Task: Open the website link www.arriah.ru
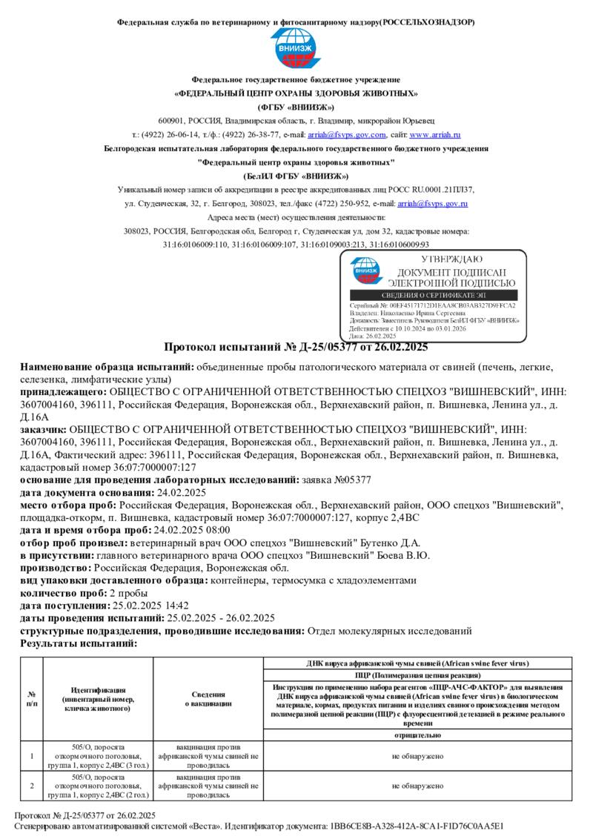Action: pyautogui.click(x=435, y=135)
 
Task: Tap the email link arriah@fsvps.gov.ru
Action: pyautogui.click(x=433, y=202)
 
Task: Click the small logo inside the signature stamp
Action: pyautogui.click(x=366, y=271)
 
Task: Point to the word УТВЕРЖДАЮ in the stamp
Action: pyautogui.click(x=451, y=259)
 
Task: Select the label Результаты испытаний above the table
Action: pyautogui.click(x=79, y=643)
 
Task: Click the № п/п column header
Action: pyautogui.click(x=32, y=698)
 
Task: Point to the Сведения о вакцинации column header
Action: pyautogui.click(x=208, y=698)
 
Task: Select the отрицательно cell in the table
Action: pyautogui.click(x=417, y=735)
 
